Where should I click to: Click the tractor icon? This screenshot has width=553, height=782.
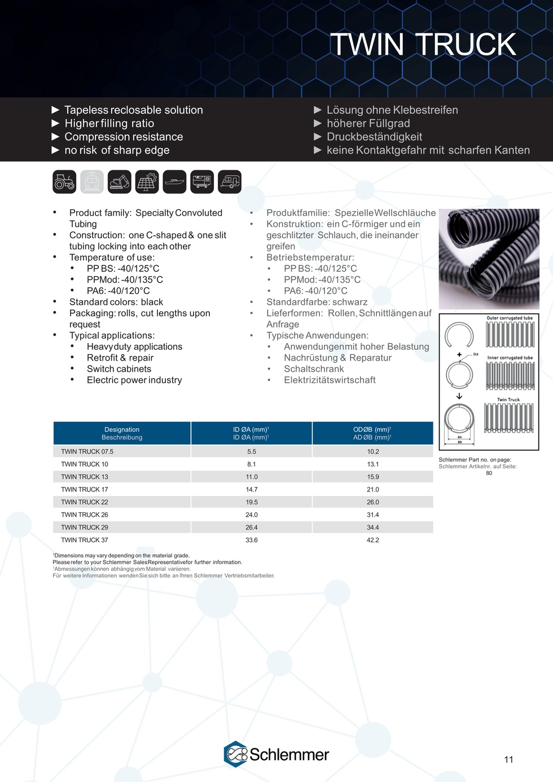pyautogui.click(x=64, y=182)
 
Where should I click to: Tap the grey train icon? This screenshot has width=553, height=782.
pyautogui.click(x=92, y=182)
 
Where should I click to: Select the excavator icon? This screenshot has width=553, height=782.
pyautogui.click(x=119, y=182)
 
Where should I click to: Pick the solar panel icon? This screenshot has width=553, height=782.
pyautogui.click(x=147, y=182)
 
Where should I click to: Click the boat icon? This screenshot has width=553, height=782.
pyautogui.click(x=174, y=182)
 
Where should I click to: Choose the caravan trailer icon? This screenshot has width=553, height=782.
pyautogui.click(x=229, y=182)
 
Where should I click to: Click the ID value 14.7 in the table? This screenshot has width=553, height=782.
pyautogui.click(x=252, y=490)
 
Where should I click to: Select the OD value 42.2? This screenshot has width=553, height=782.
pyautogui.click(x=373, y=540)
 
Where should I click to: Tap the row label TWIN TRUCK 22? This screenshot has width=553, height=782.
pyautogui.click(x=85, y=502)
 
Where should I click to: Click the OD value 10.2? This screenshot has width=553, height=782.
pyautogui.click(x=373, y=451)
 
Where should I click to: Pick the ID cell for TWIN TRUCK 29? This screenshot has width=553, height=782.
pyautogui.click(x=252, y=528)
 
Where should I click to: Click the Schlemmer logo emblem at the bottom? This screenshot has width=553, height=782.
pyautogui.click(x=235, y=754)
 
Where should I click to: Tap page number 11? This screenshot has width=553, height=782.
pyautogui.click(x=508, y=759)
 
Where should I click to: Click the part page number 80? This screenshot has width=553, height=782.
pyautogui.click(x=489, y=473)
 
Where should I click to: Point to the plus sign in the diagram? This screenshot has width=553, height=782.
pyautogui.click(x=460, y=355)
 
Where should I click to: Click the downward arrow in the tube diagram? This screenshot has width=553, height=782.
pyautogui.click(x=459, y=396)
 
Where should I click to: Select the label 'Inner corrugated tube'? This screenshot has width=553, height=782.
pyautogui.click(x=510, y=358)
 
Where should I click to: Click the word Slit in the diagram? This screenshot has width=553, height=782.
pyautogui.click(x=476, y=354)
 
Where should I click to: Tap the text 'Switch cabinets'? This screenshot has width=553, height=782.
pyautogui.click(x=119, y=369)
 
